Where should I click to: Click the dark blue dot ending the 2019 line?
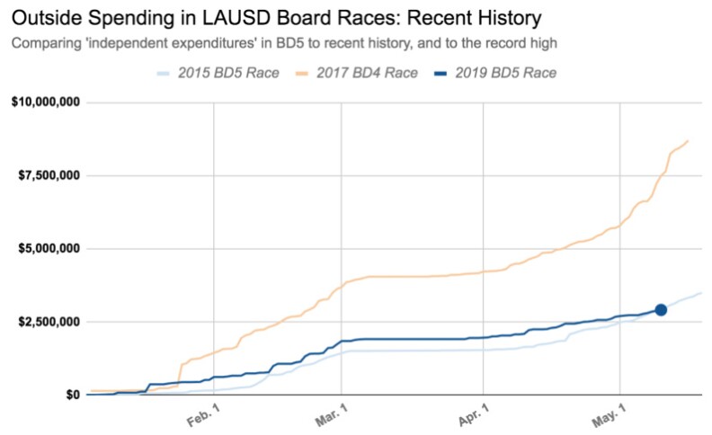tap(661, 309)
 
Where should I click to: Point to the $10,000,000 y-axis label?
tap(46, 102)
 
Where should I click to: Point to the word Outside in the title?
tap(47, 17)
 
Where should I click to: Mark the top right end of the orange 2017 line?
tap(689, 140)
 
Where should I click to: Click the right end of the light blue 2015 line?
tap(701, 293)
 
